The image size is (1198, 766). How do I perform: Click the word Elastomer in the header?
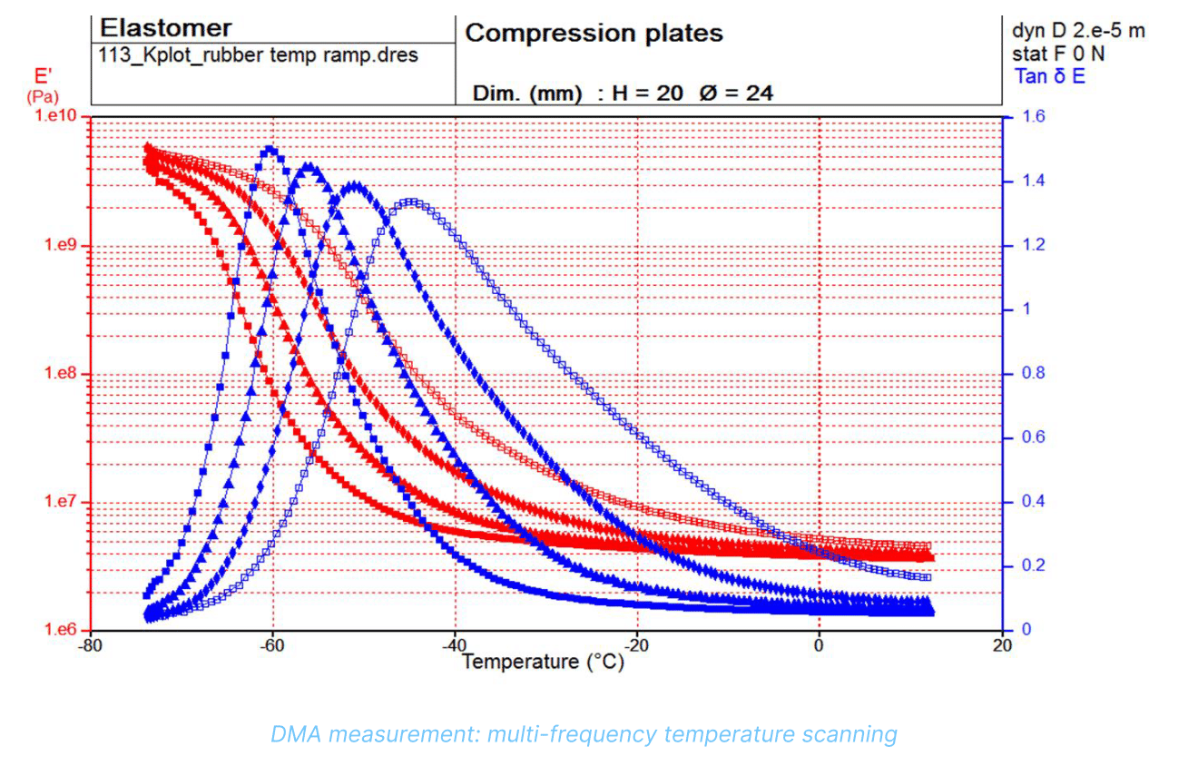(x=166, y=28)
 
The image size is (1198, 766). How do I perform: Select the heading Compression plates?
(x=594, y=34)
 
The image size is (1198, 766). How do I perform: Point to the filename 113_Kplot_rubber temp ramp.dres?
(x=259, y=55)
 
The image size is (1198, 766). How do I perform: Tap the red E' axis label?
(x=43, y=76)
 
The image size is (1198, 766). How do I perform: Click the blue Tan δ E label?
(x=1050, y=76)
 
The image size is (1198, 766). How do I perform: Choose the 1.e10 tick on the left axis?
(x=55, y=116)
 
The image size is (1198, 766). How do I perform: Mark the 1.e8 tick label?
(x=60, y=373)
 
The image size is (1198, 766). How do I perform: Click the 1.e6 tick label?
(x=60, y=629)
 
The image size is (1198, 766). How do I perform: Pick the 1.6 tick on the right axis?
(x=1033, y=116)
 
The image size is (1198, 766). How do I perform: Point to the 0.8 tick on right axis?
(x=1033, y=373)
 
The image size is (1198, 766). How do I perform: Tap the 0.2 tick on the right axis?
(x=1033, y=565)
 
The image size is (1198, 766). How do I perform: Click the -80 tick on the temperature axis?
(x=90, y=645)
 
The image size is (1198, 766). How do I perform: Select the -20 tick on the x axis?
(x=636, y=645)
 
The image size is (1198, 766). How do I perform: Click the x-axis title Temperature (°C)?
(x=543, y=663)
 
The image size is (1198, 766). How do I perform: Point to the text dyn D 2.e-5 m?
(x=1078, y=31)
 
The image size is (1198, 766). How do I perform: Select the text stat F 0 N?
(x=1058, y=54)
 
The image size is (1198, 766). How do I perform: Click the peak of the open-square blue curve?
(x=411, y=202)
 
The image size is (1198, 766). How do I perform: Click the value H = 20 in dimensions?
(x=647, y=93)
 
